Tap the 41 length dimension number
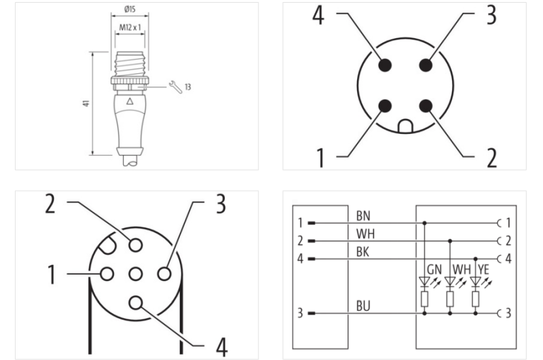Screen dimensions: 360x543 (x=84, y=103)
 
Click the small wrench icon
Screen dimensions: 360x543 (x=172, y=86)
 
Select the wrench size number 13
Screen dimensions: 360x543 (x=187, y=87)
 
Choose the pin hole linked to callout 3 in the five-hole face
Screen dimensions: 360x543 (x=163, y=274)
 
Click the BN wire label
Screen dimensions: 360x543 (x=363, y=215)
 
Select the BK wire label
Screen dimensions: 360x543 (x=363, y=252)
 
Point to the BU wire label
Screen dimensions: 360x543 (x=363, y=307)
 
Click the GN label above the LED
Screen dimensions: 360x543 (x=434, y=268)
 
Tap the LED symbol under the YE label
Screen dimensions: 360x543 (x=476, y=279)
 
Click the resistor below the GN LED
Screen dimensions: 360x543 (x=425, y=299)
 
